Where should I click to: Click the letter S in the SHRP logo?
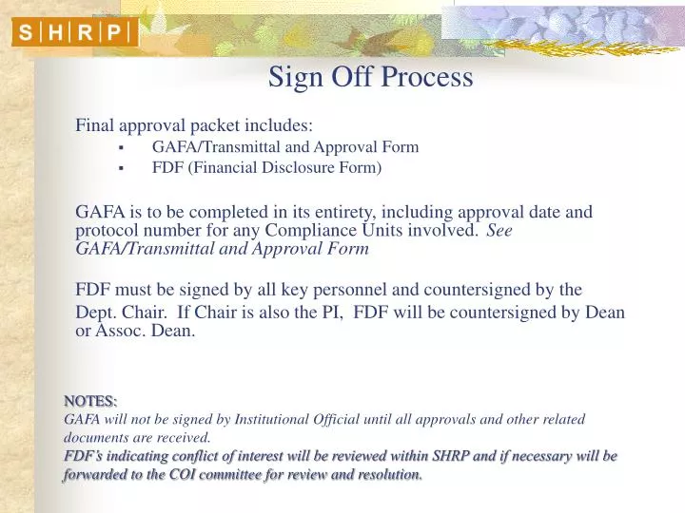(x=26, y=33)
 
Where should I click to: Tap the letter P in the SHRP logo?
(x=114, y=33)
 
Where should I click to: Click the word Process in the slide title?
(x=426, y=77)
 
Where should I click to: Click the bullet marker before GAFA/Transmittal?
(x=121, y=148)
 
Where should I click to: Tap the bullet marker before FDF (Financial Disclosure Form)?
(x=121, y=169)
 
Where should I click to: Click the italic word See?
(x=499, y=231)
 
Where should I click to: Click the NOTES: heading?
(x=90, y=401)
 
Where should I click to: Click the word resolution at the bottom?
(x=385, y=474)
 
